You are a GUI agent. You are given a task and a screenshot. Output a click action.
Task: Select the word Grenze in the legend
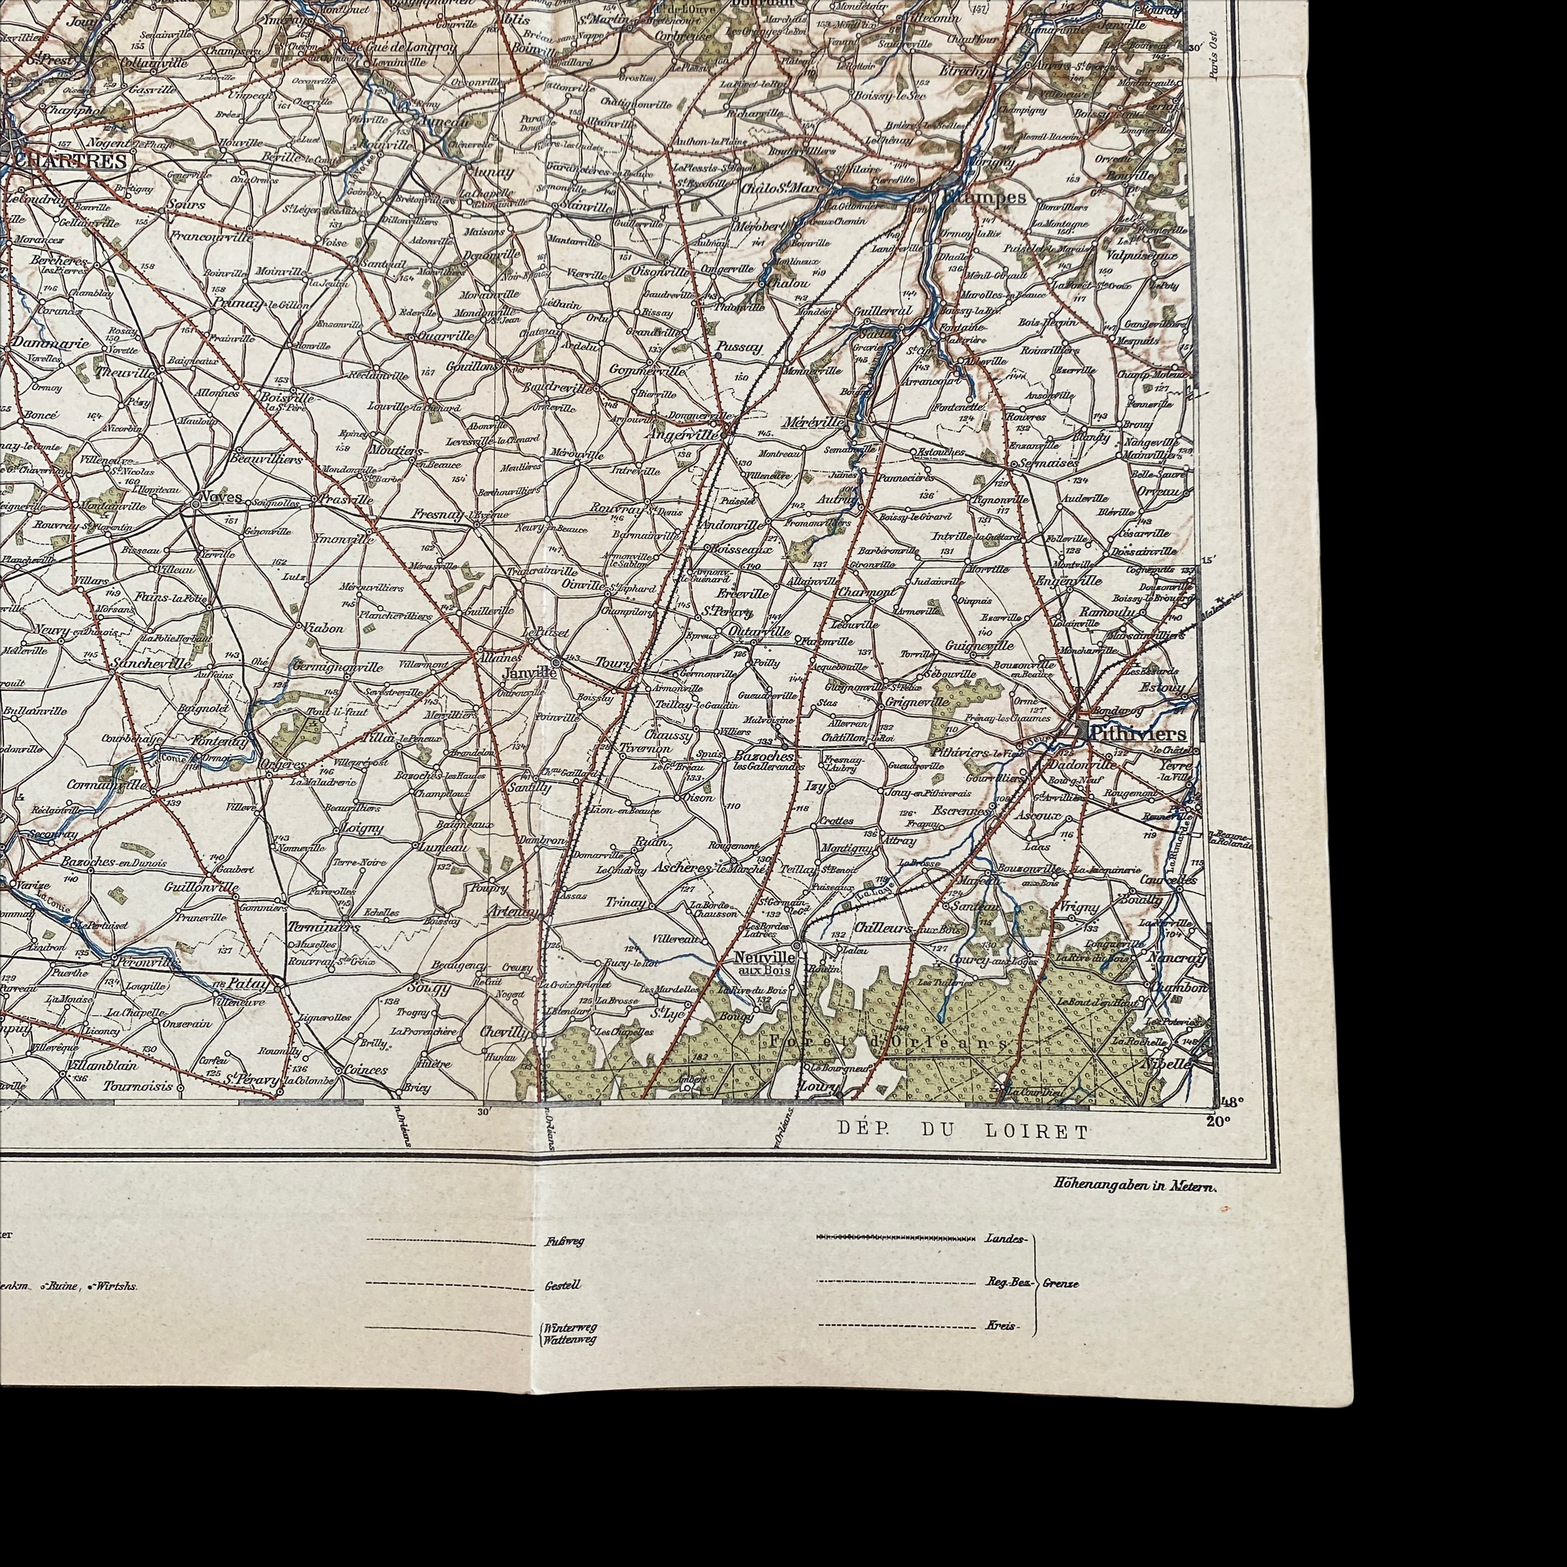(1061, 1284)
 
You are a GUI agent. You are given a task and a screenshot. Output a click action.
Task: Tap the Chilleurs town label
(883, 927)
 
